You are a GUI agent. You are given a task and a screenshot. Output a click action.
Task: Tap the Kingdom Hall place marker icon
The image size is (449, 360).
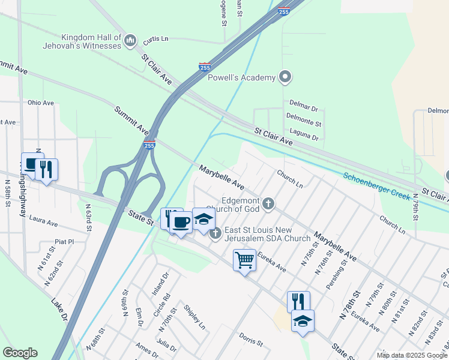point(131,40)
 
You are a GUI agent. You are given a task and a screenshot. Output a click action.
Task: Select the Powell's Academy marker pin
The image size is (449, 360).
point(286,77)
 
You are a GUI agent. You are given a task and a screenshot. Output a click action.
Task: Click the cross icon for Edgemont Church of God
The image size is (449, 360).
point(268,205)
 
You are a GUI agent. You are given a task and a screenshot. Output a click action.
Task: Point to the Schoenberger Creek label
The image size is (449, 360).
point(376,186)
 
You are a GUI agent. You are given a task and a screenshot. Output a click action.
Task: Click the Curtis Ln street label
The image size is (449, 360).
point(156,39)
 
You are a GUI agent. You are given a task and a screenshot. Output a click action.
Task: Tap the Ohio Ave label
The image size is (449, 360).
point(41,103)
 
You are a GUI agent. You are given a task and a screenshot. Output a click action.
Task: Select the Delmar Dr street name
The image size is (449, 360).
point(303,110)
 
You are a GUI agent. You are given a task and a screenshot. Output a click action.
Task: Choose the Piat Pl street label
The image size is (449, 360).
point(63,242)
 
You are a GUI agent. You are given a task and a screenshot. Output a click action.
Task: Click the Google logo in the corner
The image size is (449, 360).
point(20,353)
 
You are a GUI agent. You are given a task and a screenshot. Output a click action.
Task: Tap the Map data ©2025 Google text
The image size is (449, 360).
point(412,355)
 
